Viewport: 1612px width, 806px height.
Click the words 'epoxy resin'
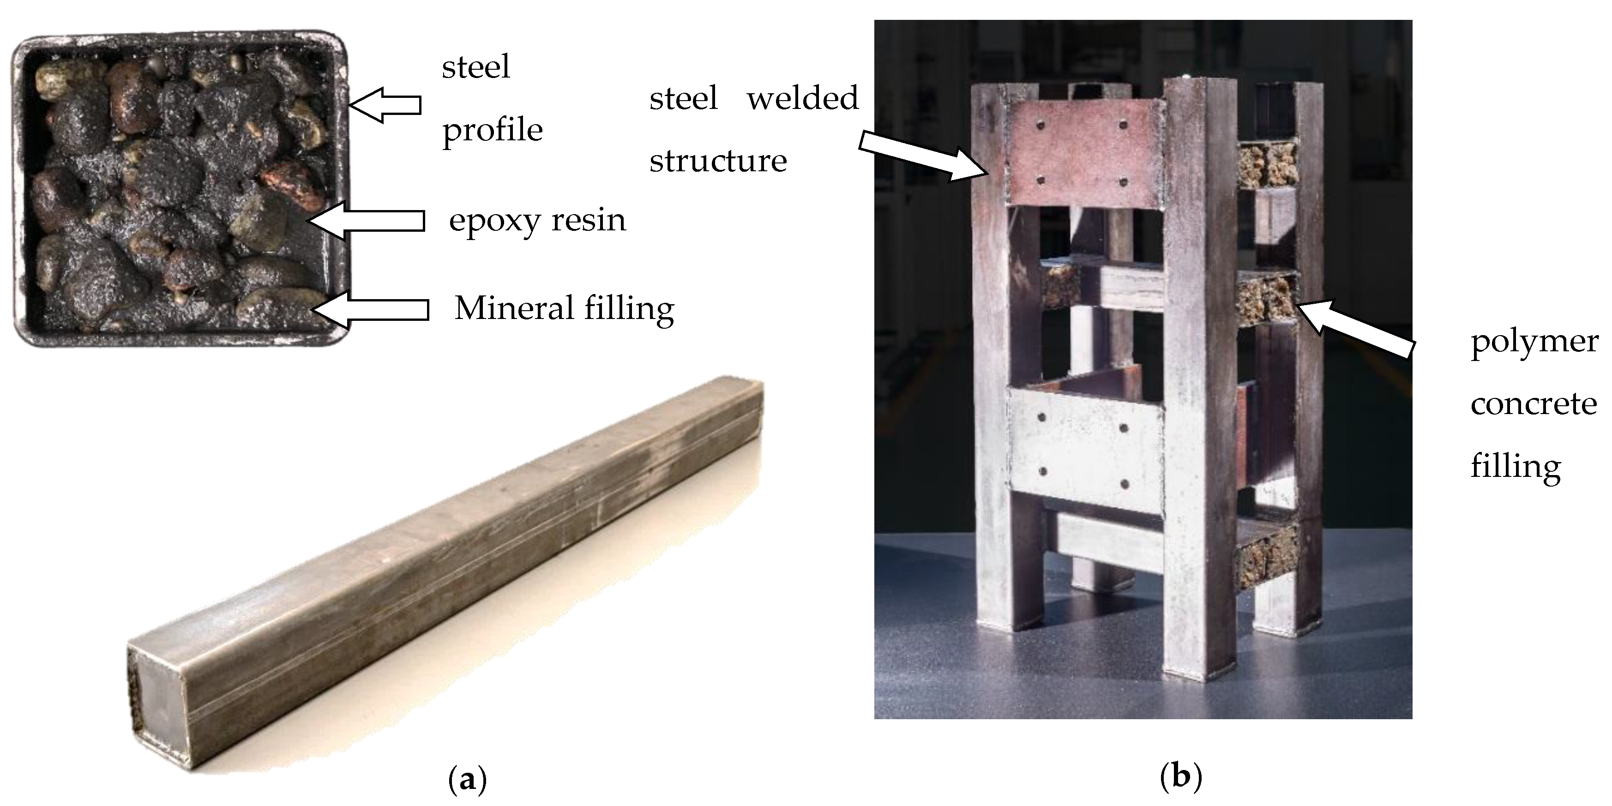click(537, 220)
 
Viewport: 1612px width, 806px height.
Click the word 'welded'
click(802, 98)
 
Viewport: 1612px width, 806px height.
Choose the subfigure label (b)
click(1181, 776)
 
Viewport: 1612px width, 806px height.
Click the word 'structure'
click(718, 162)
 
